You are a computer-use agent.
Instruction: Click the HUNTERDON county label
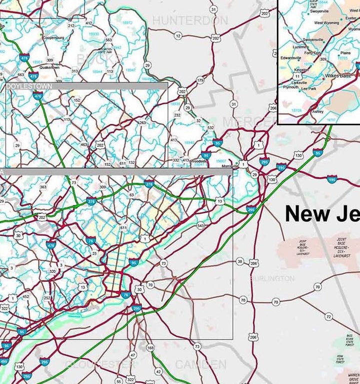pyautogui.click(x=189, y=21)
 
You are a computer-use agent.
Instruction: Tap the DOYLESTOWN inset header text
pyautogui.click(x=29, y=86)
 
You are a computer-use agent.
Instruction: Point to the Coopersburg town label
pyautogui.click(x=54, y=37)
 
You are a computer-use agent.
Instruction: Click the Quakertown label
pyautogui.click(x=49, y=67)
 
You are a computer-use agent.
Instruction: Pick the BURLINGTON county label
pyautogui.click(x=272, y=278)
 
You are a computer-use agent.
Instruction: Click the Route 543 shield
pyautogui.click(x=200, y=226)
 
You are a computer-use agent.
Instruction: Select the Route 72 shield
pyautogui.click(x=328, y=317)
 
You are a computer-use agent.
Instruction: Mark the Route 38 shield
pyautogui.click(x=240, y=262)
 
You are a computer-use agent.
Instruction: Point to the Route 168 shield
pyautogui.click(x=150, y=348)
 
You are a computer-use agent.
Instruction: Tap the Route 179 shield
pyautogui.click(x=200, y=80)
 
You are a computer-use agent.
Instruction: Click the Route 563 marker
pyautogui.click(x=108, y=40)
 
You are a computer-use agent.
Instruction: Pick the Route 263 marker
pyautogui.click(x=142, y=122)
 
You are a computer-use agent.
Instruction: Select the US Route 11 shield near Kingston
pyautogui.click(x=297, y=77)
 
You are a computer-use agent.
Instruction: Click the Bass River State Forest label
pyautogui.click(x=349, y=340)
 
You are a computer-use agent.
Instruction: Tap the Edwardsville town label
pyautogui.click(x=291, y=58)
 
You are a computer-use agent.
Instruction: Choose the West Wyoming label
pyautogui.click(x=326, y=23)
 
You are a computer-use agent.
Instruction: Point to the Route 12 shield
pyautogui.click(x=178, y=36)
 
